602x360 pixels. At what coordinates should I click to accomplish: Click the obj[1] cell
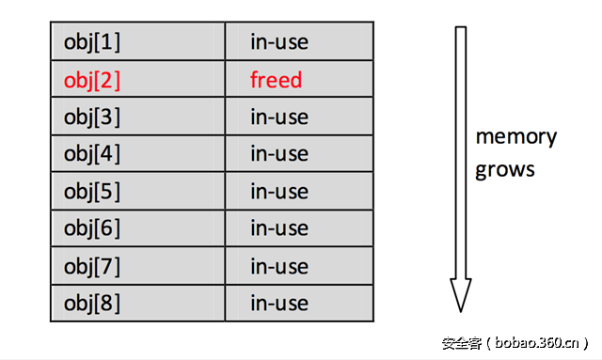92,42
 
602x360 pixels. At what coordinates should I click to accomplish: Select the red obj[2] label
92,80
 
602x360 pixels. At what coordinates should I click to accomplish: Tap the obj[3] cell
92,117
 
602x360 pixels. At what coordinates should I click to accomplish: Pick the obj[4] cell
92,154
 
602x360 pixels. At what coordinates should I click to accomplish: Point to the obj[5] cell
92,192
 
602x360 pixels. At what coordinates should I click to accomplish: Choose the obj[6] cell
92,228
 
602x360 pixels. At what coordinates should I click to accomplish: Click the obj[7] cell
92,266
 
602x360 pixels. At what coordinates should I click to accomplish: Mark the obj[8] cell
92,304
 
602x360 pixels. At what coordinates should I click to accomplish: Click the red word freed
277,80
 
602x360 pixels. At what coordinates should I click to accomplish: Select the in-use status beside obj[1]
279,42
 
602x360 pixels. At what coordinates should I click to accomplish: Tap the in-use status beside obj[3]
279,117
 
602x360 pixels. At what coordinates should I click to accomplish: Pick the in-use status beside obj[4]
279,154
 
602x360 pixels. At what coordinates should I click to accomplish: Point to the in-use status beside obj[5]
279,192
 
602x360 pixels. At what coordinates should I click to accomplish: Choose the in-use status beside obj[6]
279,228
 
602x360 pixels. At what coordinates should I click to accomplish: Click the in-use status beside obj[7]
279,266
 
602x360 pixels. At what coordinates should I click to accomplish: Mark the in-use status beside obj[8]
279,304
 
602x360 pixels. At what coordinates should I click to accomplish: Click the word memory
515,137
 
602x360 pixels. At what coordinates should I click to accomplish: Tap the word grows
505,170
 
